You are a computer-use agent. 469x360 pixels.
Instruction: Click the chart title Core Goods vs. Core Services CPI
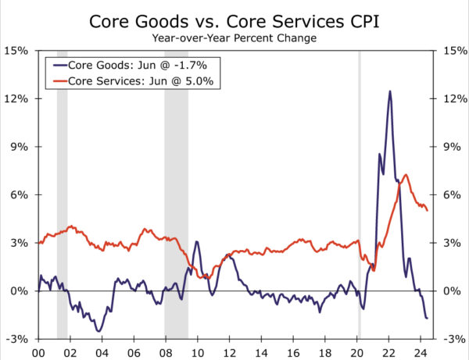tap(234, 18)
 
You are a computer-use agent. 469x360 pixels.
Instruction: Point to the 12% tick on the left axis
tap(18, 99)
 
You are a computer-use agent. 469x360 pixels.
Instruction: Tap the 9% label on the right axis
tap(451, 147)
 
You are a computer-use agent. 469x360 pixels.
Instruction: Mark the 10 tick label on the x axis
tap(198, 351)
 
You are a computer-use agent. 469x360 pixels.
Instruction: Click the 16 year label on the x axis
tap(293, 351)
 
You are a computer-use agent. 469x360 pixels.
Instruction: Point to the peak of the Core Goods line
tap(390, 91)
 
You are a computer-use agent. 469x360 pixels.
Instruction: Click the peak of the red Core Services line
tap(405, 175)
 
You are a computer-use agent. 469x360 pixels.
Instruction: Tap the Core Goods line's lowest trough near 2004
tap(99, 331)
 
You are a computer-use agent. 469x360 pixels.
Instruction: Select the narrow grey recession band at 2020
tap(359, 195)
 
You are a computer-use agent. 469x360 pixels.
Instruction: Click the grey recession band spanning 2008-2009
tap(176, 195)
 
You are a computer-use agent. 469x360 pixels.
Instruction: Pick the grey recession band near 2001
tap(63, 195)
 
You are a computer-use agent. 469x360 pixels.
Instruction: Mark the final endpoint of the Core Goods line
tap(427, 318)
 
